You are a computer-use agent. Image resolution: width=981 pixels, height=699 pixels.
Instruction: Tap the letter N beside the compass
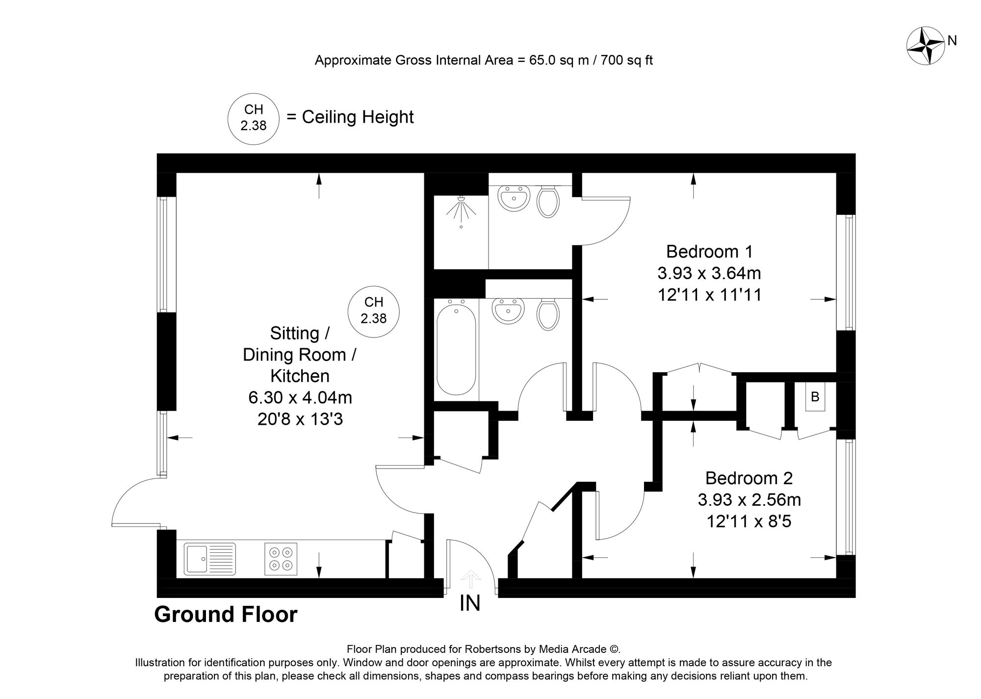(x=952, y=41)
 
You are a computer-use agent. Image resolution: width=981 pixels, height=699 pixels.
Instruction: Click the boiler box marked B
(x=815, y=397)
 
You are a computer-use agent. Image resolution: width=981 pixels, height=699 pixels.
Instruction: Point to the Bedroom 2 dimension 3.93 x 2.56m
(x=749, y=500)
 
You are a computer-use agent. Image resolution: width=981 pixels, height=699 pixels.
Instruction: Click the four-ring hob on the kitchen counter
(x=281, y=559)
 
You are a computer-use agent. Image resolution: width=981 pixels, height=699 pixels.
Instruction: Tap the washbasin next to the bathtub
(x=509, y=311)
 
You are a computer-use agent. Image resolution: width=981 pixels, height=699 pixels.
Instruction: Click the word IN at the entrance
(x=470, y=603)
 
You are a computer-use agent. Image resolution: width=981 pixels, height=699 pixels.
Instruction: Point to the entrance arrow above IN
(x=470, y=578)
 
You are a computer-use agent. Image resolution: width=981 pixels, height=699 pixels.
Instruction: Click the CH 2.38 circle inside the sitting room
(x=374, y=311)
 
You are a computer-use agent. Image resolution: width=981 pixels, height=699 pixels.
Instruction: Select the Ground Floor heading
(x=226, y=615)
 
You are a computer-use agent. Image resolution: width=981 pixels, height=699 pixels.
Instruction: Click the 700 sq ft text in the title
(x=628, y=60)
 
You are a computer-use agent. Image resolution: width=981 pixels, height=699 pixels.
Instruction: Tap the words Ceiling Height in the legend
(x=358, y=117)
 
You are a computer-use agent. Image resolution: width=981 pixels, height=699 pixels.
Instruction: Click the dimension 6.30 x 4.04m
(x=300, y=397)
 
